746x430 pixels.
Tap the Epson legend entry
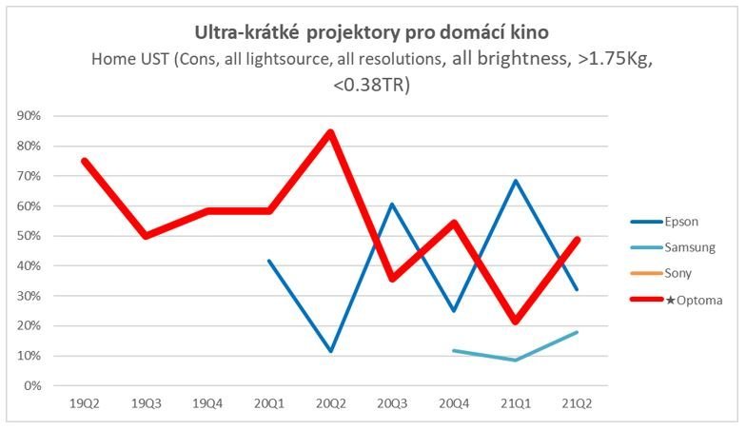(x=682, y=222)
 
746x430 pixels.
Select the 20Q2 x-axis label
(x=331, y=403)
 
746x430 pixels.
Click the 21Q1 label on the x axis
(x=515, y=403)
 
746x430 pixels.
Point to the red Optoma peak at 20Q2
(x=331, y=131)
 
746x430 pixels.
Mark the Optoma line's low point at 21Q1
(x=515, y=322)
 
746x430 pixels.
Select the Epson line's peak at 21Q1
(x=515, y=181)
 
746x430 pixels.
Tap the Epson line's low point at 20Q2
(x=331, y=351)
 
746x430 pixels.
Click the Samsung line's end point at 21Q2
(x=577, y=332)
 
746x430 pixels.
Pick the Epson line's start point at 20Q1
(x=269, y=261)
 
